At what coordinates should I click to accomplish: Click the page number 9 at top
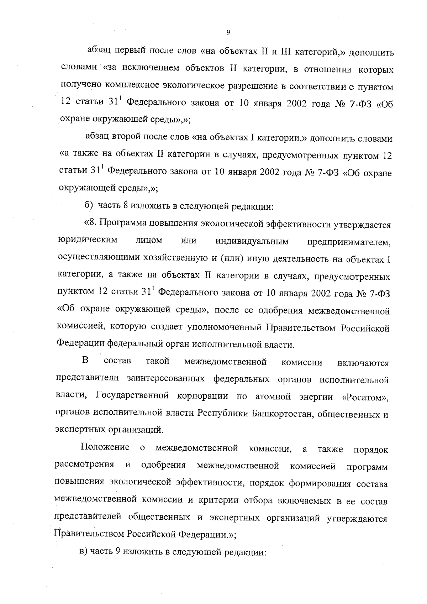click(228, 33)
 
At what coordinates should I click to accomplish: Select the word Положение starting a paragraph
click(105, 448)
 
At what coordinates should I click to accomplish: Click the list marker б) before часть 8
click(88, 205)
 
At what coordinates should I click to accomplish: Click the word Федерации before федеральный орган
click(80, 344)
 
